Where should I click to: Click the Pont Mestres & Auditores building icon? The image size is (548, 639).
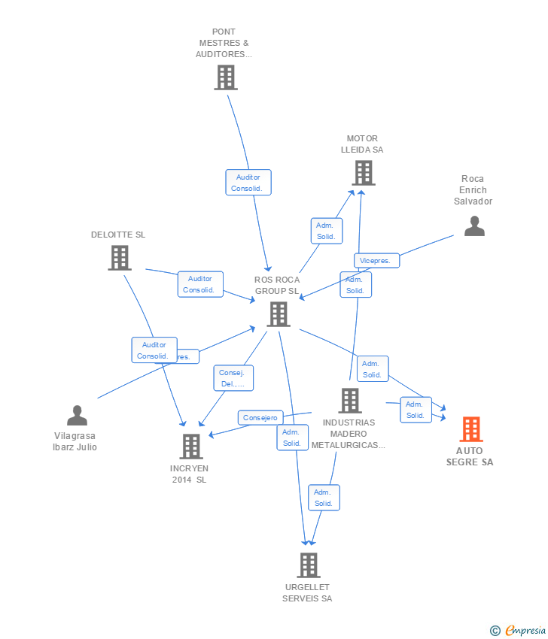tap(225, 77)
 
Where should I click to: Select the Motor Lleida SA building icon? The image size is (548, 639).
tap(363, 173)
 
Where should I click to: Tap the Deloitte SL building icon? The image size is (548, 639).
tap(119, 258)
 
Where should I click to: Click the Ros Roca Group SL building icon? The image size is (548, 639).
tap(278, 314)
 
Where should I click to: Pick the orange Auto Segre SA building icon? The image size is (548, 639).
tap(471, 429)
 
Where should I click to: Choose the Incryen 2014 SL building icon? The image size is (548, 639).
tap(191, 447)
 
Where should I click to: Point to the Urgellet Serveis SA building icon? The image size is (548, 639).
tap(308, 565)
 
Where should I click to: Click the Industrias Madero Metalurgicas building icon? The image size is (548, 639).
tap(349, 401)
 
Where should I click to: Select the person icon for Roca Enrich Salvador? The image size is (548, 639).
tap(474, 226)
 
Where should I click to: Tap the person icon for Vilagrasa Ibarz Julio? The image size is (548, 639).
tap(77, 416)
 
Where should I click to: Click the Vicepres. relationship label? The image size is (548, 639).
tap(376, 261)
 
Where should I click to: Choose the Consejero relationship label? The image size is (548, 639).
tap(260, 417)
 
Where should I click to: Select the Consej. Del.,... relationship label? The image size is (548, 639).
tap(235, 378)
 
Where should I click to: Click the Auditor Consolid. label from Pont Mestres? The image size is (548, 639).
tap(248, 183)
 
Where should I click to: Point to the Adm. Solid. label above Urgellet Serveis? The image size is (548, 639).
tap(323, 498)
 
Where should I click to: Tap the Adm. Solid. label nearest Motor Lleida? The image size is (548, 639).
tap(327, 231)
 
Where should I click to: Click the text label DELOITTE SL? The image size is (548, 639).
tap(118, 235)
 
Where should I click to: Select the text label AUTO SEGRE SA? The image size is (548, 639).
tap(470, 456)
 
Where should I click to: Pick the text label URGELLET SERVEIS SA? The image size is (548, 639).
tap(307, 592)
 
